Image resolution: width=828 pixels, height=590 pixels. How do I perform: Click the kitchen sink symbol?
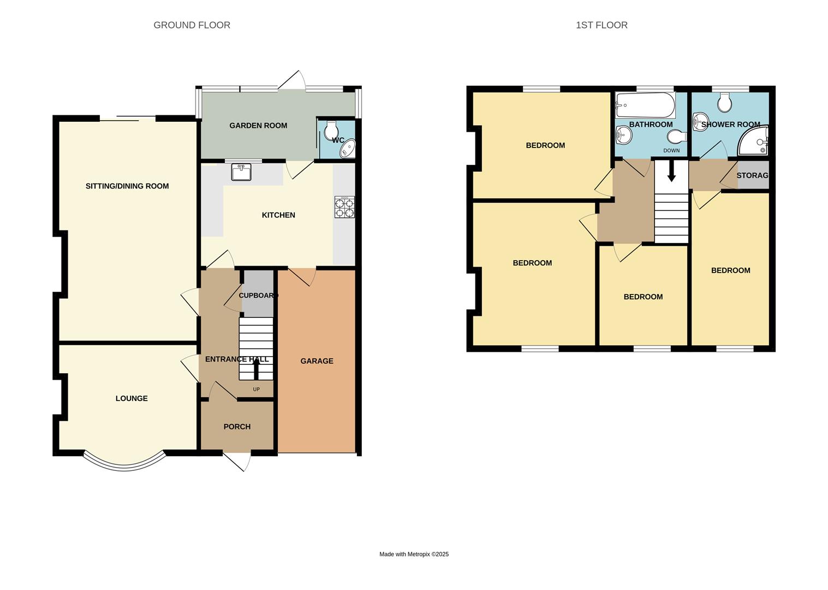point(241,172)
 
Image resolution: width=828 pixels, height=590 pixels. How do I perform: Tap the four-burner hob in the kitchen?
point(344,208)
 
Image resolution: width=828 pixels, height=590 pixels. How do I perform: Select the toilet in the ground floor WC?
point(331,131)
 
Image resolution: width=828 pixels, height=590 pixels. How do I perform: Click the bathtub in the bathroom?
point(645,104)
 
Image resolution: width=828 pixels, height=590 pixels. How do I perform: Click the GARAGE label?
point(317,361)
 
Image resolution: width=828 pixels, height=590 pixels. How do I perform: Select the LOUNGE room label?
point(132,399)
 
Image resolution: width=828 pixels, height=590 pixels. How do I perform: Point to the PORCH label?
point(237,427)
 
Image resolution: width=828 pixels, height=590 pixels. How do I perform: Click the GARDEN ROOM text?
point(258,126)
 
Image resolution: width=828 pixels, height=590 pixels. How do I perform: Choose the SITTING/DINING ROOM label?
point(127,186)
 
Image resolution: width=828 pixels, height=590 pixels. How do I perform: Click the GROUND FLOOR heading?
point(192,25)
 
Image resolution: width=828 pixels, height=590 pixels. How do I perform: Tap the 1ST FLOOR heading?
point(601,25)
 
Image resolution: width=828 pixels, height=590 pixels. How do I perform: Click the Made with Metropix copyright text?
point(414,554)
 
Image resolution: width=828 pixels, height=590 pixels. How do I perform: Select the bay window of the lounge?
point(124,463)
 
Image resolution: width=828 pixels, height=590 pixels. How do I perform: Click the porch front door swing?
point(240,461)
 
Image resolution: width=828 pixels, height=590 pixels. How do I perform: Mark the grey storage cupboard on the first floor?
point(753,175)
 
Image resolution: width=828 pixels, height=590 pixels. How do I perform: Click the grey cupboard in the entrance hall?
point(258,295)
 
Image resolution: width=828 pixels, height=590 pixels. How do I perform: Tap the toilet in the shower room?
point(725,102)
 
